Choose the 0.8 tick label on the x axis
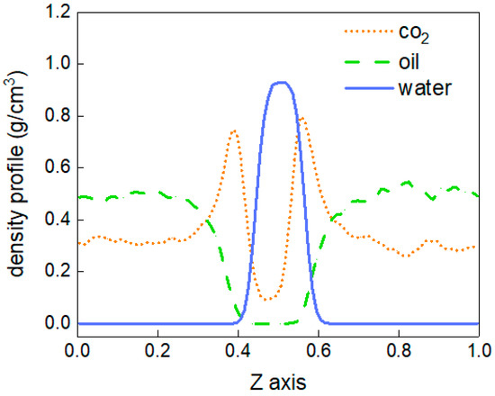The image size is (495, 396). [398, 346]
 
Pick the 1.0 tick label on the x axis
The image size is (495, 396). [478, 346]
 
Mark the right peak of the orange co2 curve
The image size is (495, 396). [301, 117]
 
